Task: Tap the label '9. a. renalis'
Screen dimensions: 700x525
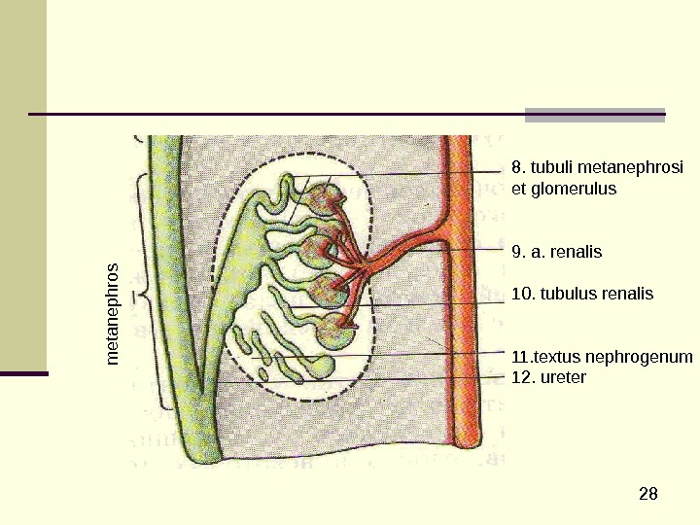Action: tap(557, 253)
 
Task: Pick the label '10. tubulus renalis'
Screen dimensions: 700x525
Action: tap(582, 294)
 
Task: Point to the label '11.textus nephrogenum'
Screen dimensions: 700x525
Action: tap(602, 357)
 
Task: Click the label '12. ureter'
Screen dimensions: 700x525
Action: tap(548, 376)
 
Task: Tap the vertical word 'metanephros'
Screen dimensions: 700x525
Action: tap(113, 313)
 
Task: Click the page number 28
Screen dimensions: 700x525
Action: tap(648, 495)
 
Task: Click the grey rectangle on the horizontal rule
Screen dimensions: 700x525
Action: tap(595, 115)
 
